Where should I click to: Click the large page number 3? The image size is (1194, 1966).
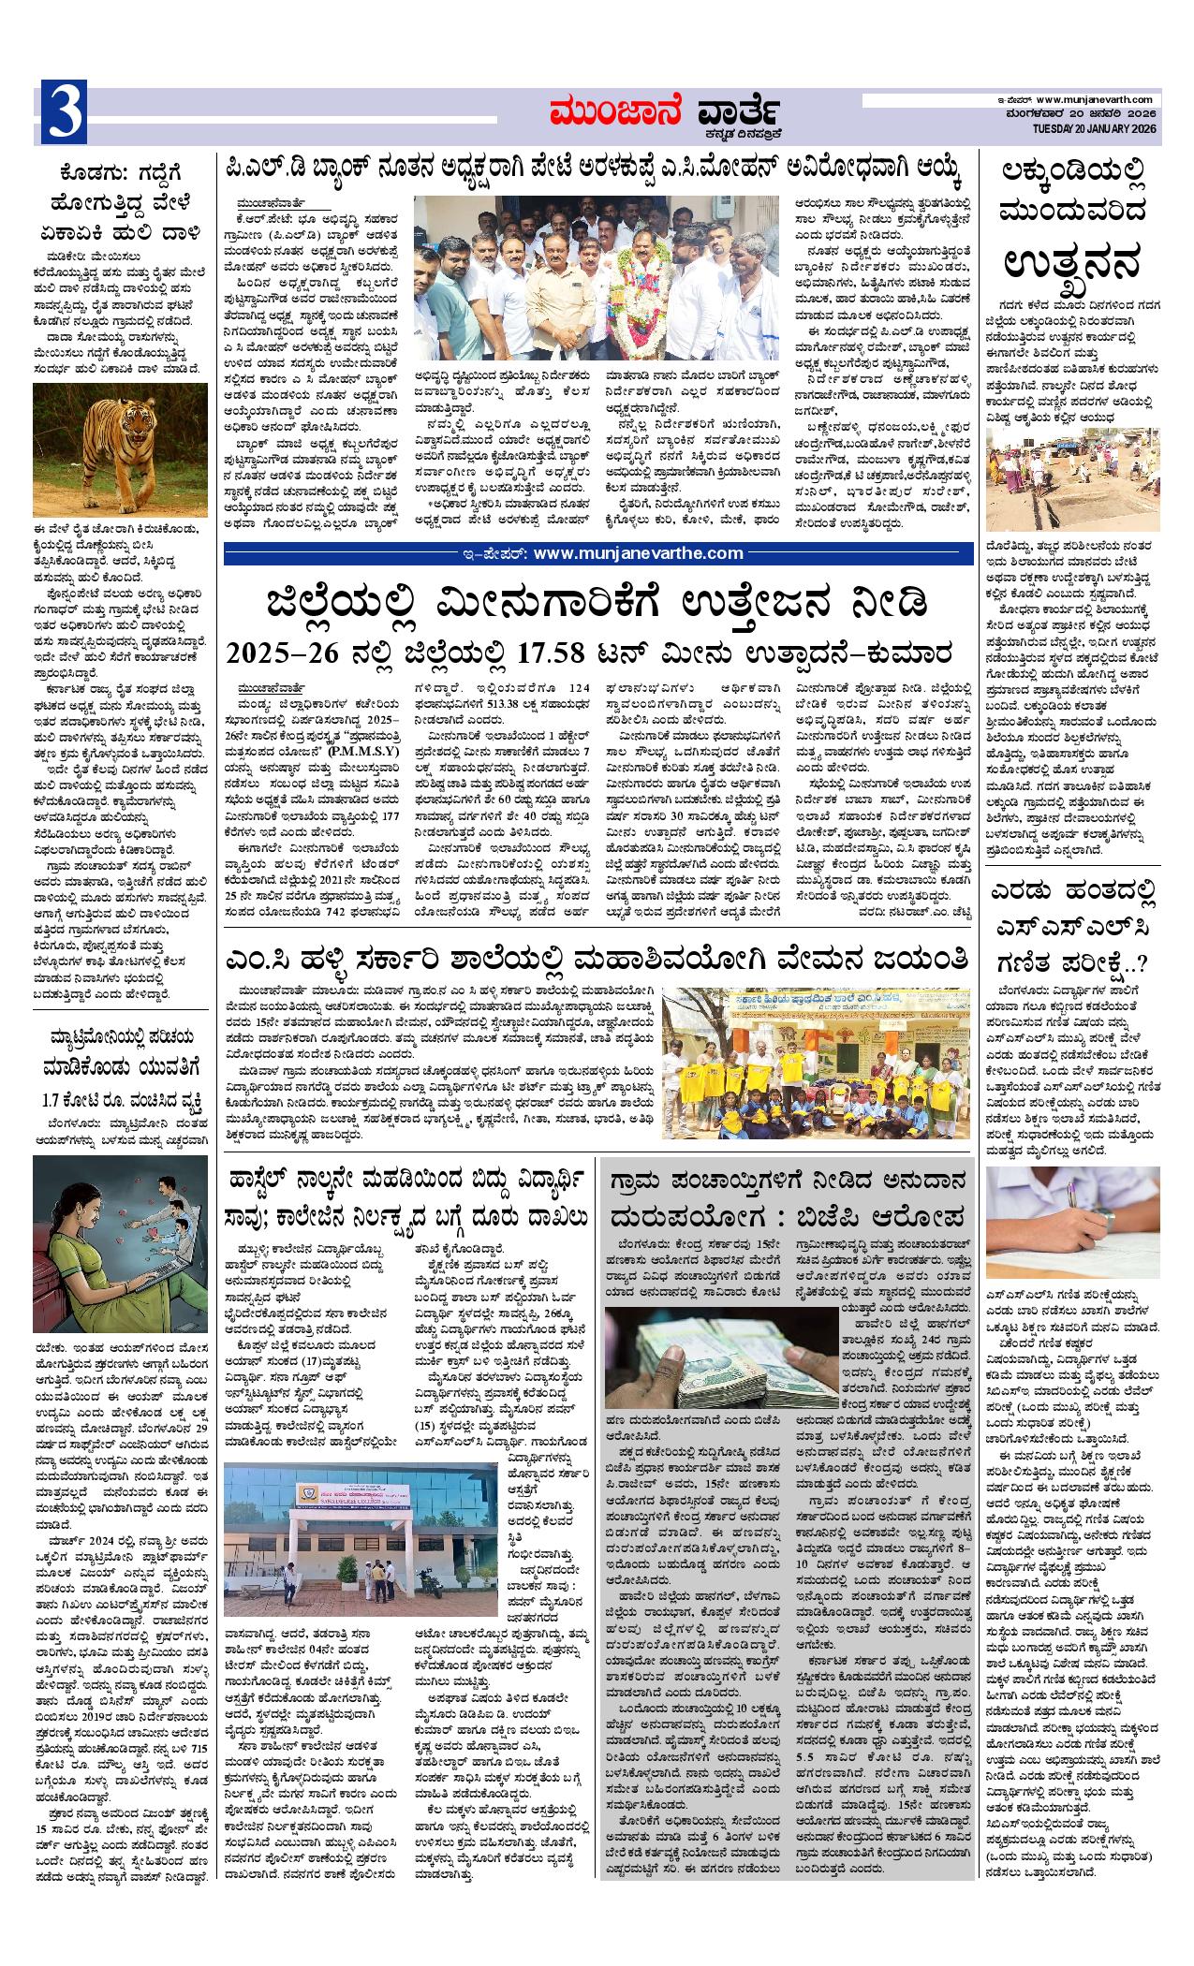[64, 113]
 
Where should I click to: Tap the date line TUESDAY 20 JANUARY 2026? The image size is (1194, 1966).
[1097, 128]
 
